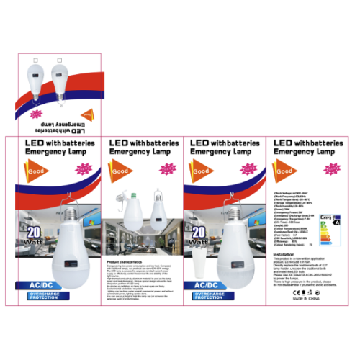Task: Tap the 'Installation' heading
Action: tap(285, 254)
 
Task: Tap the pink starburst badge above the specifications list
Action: tap(331, 169)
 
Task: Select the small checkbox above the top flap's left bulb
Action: tap(36, 58)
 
